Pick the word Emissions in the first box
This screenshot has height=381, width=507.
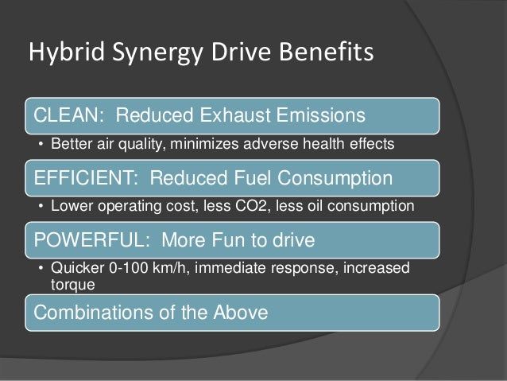coord(326,116)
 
